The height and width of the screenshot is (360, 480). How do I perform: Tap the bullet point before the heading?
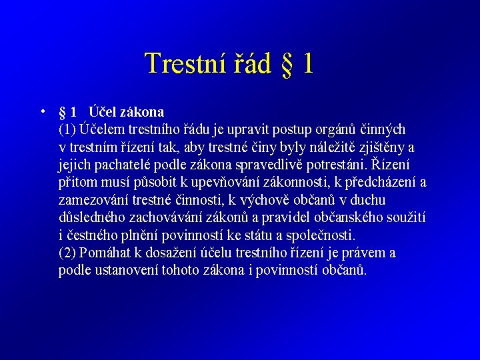42,111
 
